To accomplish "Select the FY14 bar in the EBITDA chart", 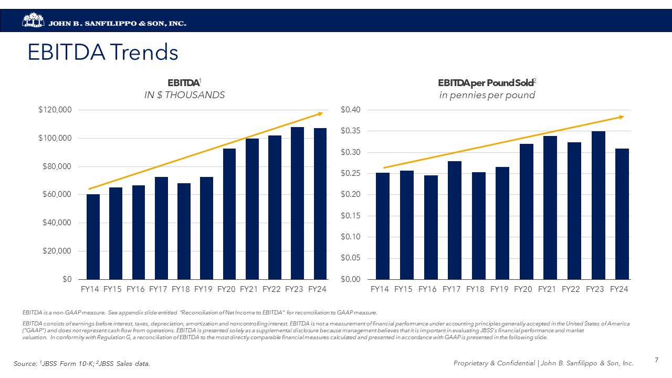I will point(93,237).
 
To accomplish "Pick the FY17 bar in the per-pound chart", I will point(455,220).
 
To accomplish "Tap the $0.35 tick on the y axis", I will point(350,131).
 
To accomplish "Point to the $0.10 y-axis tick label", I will point(350,237).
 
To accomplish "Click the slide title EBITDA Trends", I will point(103,52).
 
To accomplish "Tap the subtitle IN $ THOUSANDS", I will point(184,95).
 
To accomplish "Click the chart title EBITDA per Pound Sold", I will point(487,83).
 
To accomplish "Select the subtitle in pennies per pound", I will point(487,95).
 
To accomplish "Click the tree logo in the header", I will point(34,20).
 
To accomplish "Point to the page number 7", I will point(656,360).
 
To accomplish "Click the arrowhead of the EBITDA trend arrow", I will point(320,113).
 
